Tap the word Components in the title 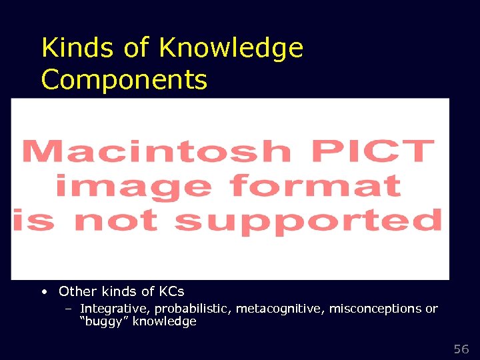click(124, 79)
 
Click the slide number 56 click(461, 349)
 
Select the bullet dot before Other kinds click(43, 291)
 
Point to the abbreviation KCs click(171, 291)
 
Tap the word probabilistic click(189, 309)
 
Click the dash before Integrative click(69, 309)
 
